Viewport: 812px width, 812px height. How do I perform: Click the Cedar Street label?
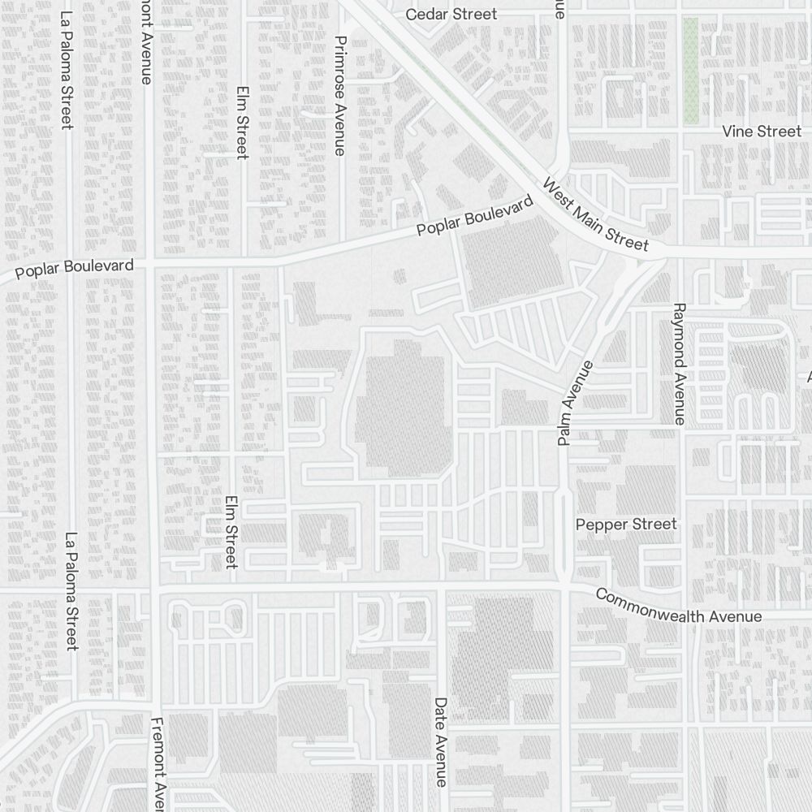pyautogui.click(x=451, y=14)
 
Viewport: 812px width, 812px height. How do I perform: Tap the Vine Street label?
pyautogui.click(x=762, y=131)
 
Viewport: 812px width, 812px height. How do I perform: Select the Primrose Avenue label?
pyautogui.click(x=340, y=95)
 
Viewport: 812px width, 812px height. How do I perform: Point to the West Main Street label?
pyautogui.click(x=595, y=214)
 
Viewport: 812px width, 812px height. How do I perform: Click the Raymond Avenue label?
pyautogui.click(x=680, y=364)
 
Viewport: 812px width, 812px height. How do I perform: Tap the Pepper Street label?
pyautogui.click(x=626, y=524)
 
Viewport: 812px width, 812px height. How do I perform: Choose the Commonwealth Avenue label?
pyautogui.click(x=678, y=606)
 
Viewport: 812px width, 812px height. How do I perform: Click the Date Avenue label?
pyautogui.click(x=441, y=741)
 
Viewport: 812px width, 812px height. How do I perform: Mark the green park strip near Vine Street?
pyautogui.click(x=690, y=71)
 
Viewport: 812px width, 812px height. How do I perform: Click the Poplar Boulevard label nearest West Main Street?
pyautogui.click(x=475, y=216)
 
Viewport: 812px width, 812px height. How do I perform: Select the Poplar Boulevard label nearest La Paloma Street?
pyautogui.click(x=75, y=269)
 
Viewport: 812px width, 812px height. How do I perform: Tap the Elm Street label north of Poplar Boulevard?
pyautogui.click(x=242, y=122)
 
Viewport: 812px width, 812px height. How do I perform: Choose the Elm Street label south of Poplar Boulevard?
pyautogui.click(x=231, y=532)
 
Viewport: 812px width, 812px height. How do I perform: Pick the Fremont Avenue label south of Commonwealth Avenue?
pyautogui.click(x=159, y=763)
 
